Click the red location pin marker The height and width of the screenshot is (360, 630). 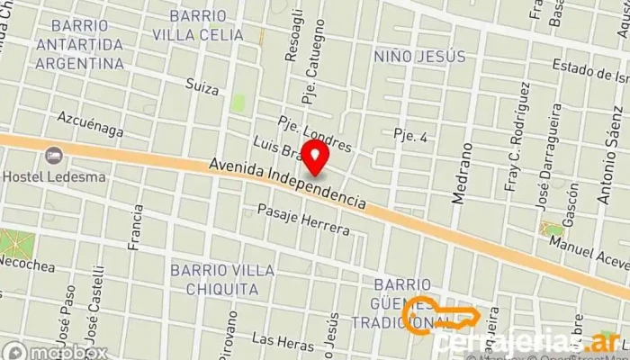click(x=314, y=157)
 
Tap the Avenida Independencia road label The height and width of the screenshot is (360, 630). click(x=287, y=184)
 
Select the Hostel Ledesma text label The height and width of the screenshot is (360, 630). click(x=54, y=176)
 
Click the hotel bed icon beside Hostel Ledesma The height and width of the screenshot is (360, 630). click(x=54, y=156)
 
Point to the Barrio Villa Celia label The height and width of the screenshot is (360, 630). click(x=198, y=25)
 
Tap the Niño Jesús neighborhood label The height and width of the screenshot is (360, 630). click(x=419, y=57)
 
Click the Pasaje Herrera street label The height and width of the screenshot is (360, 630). click(x=303, y=219)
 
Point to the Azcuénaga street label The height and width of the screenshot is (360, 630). click(x=89, y=124)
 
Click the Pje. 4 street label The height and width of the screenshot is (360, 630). click(x=409, y=136)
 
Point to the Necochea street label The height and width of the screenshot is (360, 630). click(x=27, y=267)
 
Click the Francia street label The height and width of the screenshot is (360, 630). click(x=137, y=226)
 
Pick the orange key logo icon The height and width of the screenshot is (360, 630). click(x=441, y=316)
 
